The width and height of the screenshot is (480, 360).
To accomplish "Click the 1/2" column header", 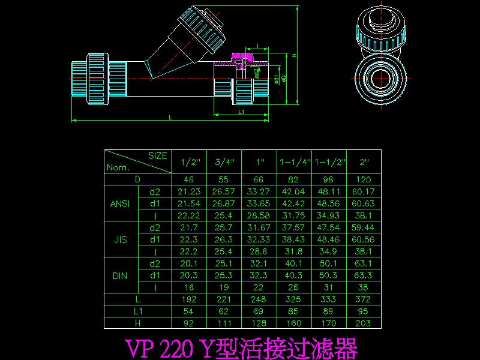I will (189, 162).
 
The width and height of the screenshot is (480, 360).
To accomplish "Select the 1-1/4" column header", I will (294, 162).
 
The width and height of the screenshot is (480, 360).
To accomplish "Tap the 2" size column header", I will (364, 162).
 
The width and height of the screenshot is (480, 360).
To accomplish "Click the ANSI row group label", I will (121, 203).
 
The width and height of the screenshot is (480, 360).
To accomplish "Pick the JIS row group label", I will (121, 239).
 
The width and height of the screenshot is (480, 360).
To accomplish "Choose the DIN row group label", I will (121, 275).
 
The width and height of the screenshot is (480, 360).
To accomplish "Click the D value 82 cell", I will (294, 179).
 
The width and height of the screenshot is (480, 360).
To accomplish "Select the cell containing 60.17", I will (364, 191).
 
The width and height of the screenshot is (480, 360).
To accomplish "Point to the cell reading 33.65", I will (259, 203).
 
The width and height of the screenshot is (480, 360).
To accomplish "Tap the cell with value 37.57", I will (294, 227).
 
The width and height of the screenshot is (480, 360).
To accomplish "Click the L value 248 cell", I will (259, 299).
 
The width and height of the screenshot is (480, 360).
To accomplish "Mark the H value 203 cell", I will (364, 323).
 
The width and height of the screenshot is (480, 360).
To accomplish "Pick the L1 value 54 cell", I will (189, 311).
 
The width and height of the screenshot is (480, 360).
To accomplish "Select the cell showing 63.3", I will (364, 275).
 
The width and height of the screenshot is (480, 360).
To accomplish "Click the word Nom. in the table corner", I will (118, 168).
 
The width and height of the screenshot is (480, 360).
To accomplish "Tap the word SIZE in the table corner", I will (157, 155).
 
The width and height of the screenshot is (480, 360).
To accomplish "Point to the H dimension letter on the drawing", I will (295, 55).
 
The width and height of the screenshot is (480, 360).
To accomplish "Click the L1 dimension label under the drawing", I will (241, 112).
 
